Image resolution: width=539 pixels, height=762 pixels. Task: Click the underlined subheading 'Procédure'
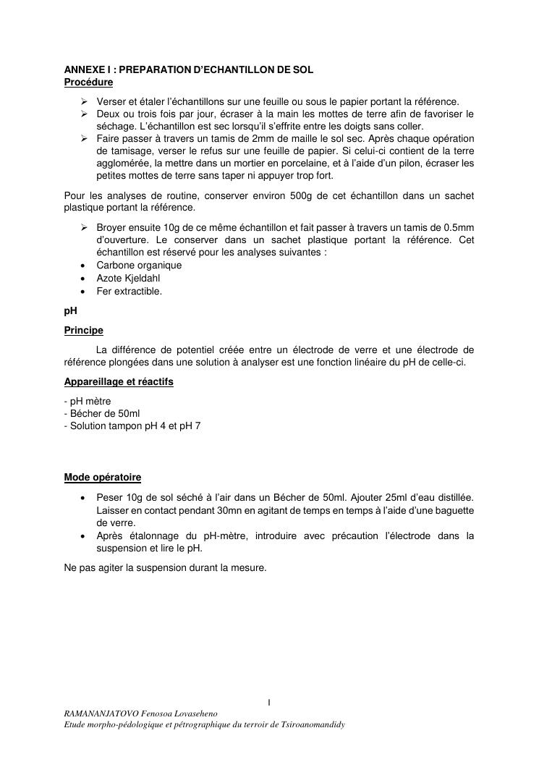[88, 82]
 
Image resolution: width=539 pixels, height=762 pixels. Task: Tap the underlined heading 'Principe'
[84, 331]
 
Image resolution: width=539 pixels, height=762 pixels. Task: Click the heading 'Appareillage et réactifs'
[119, 381]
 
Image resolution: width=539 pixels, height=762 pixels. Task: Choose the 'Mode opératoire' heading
[103, 478]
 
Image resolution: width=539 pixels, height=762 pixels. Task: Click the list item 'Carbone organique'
[139, 266]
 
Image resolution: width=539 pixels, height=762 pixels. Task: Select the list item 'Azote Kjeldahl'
[128, 279]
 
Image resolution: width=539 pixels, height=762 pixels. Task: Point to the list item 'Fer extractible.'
[130, 292]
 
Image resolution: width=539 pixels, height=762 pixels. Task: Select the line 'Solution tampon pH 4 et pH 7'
[135, 426]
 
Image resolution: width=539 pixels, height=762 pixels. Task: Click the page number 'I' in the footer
[269, 702]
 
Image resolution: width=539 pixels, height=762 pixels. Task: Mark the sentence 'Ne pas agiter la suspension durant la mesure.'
[166, 568]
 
